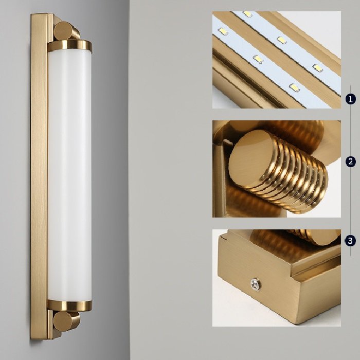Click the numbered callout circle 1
pos(350,99)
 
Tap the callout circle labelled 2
pos(350,161)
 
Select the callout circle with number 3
pos(350,241)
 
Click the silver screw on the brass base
pos(256,284)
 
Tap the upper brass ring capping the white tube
pos(70,46)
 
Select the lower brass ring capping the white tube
pos(70,305)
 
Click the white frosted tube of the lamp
pos(70,176)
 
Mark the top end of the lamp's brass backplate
pos(39,14)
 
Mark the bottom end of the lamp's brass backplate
pos(39,338)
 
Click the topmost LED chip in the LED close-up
pos(247,14)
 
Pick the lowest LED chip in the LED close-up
pos(295,88)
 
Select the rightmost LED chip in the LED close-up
pos(318,68)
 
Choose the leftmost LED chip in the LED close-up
pos(223,31)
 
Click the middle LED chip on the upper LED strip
pos(281,40)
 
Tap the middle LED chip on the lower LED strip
pos(258,59)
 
